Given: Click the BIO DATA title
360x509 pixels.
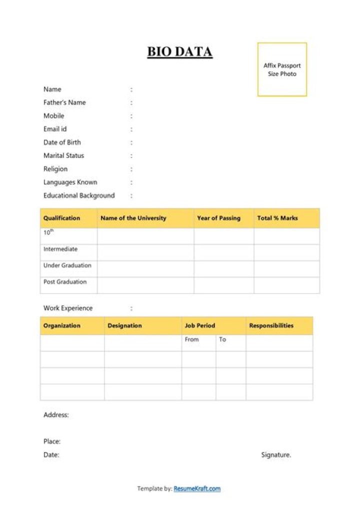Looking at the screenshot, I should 180,52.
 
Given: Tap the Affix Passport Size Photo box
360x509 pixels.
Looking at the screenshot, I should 282,69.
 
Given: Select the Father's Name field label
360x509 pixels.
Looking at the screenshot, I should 64,102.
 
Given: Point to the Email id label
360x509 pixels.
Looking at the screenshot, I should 55,129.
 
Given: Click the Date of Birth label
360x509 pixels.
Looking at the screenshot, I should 62,142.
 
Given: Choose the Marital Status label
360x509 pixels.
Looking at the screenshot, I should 63,155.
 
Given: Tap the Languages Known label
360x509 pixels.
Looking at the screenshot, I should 70,182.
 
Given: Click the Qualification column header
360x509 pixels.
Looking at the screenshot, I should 61,218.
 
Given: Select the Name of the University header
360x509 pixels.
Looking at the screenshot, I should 133,218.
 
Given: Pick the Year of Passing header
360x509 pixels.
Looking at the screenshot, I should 218,218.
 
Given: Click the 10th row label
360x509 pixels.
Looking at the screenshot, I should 48,232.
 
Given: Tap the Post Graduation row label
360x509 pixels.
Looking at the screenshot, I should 65,282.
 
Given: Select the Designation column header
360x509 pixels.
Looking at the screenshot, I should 124,325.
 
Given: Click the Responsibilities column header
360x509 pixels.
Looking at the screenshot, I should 271,325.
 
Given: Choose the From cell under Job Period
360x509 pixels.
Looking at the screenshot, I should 191,339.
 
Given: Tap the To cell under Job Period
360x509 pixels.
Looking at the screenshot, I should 222,339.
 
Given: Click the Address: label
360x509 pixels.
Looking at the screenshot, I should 56,415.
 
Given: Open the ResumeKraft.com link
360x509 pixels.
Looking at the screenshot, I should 197,488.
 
